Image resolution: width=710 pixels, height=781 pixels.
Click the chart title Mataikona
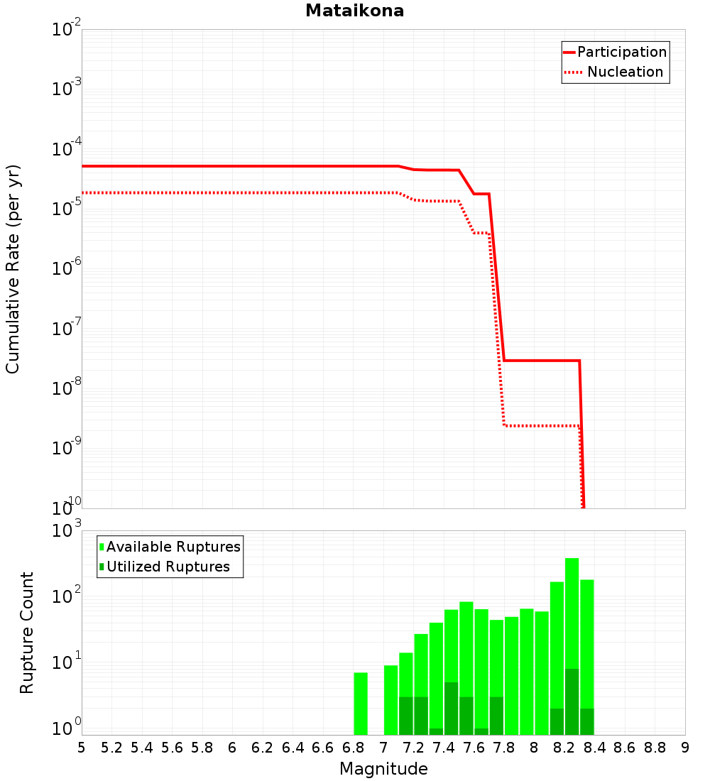(354, 11)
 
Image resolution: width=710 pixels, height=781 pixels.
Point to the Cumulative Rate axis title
(13, 268)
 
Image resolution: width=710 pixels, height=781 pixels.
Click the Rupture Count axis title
(27, 632)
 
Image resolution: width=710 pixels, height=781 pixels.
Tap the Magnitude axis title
(383, 769)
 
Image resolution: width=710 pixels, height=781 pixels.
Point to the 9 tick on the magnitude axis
(685, 748)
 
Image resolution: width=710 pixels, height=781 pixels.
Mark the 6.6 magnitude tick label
(323, 748)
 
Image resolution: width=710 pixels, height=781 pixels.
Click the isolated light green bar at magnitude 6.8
(361, 703)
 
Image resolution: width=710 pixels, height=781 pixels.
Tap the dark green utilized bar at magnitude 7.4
(452, 709)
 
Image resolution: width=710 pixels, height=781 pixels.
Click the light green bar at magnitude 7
(390, 699)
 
